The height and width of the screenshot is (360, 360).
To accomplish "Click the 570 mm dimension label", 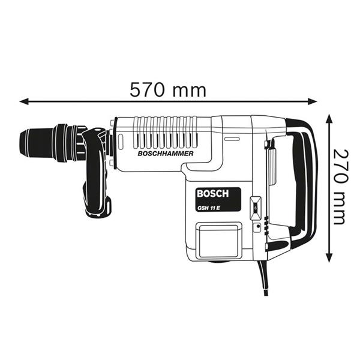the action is pos(168,90).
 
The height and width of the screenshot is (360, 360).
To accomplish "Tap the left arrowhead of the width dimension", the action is pos(24,101).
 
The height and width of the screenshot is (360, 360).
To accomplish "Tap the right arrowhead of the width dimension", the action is pos(313,101).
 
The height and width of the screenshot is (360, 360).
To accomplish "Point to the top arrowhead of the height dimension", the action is pos(329,119).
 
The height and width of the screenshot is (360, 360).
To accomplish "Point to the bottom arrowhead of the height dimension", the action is pos(329,257).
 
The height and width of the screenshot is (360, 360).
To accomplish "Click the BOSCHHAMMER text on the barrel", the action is pos(166,154).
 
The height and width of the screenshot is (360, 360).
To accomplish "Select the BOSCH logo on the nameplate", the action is pos(213,194).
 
